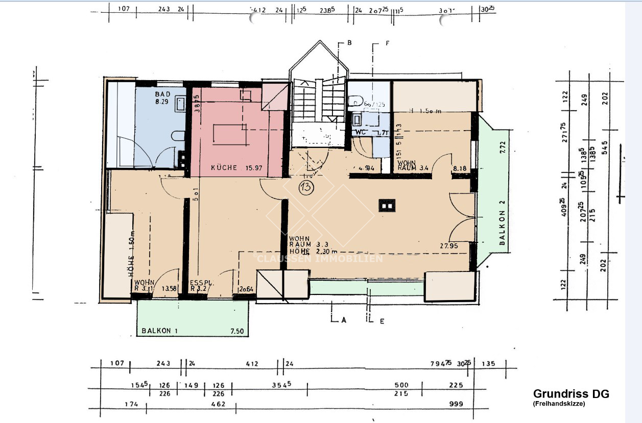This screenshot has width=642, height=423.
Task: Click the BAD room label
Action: click(x=162, y=94)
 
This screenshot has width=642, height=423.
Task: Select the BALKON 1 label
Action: click(x=160, y=331)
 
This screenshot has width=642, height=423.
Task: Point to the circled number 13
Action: click(x=307, y=187)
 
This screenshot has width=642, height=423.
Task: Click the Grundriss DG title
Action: click(x=571, y=394)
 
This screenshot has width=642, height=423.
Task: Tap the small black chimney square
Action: click(x=386, y=206)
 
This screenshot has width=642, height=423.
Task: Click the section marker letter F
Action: click(x=388, y=43)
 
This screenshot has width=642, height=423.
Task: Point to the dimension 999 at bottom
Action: click(x=456, y=404)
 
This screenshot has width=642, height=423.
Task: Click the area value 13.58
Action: click(x=169, y=289)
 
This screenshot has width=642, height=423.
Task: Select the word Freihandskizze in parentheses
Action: click(x=559, y=403)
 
